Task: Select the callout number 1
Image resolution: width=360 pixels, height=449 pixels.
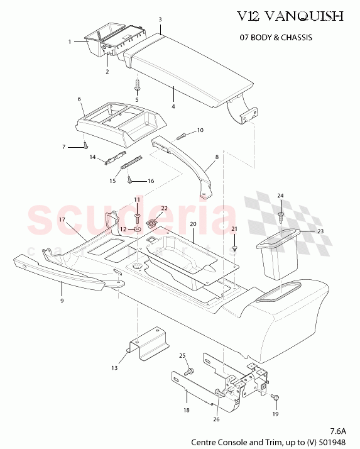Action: coord(70,42)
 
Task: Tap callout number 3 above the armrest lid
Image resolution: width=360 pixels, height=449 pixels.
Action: coord(160,19)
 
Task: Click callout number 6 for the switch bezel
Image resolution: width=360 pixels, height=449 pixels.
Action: coord(80,99)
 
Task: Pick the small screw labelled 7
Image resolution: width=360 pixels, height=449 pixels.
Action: coord(85,145)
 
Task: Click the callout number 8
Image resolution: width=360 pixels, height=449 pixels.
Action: coord(217,157)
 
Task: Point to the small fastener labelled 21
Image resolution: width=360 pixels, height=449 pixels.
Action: coord(234,248)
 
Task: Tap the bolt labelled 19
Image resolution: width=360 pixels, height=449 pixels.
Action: coord(275,398)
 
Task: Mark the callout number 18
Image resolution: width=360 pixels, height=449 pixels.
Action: coord(187,409)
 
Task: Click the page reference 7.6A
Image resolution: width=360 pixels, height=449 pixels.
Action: coord(337,431)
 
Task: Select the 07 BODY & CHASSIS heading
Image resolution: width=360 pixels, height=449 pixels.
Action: coord(276,37)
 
